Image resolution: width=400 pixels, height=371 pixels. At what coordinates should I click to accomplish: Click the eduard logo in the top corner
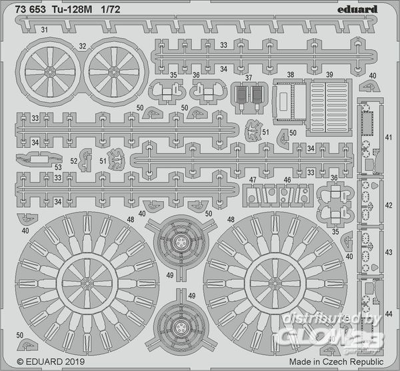[x=357, y=10]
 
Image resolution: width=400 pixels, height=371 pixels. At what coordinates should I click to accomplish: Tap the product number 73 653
[x=31, y=10]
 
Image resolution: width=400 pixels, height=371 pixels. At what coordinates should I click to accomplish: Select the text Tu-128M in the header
[x=72, y=10]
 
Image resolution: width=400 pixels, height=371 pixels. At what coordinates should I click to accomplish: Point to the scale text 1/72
[x=110, y=10]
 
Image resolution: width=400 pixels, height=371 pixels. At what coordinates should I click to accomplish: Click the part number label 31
[x=45, y=30]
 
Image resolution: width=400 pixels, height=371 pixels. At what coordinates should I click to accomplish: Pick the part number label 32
[x=83, y=46]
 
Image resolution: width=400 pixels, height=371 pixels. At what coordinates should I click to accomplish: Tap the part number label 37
[x=249, y=77]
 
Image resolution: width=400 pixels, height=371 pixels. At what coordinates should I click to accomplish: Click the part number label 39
[x=329, y=75]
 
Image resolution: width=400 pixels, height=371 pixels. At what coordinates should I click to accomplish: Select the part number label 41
[x=388, y=138]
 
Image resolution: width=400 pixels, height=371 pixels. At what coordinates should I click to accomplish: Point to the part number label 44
[x=389, y=314]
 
